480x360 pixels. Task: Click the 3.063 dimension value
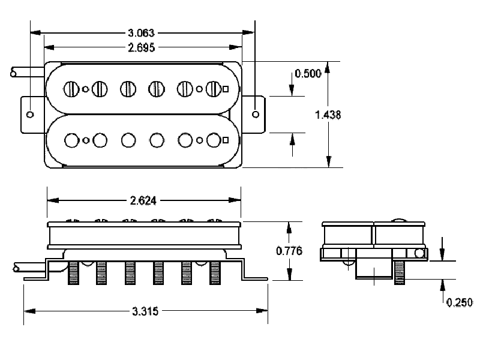click(143, 33)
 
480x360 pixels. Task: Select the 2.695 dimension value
click(142, 47)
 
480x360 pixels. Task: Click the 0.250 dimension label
click(460, 302)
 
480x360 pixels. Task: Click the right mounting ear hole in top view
click(256, 113)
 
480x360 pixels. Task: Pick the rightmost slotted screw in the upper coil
click(213, 89)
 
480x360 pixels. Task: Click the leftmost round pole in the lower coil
click(72, 140)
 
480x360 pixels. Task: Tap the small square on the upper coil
click(226, 89)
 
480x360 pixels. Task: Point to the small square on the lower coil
click(226, 140)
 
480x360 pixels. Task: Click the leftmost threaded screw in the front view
click(73, 273)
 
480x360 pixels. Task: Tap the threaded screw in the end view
click(400, 273)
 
